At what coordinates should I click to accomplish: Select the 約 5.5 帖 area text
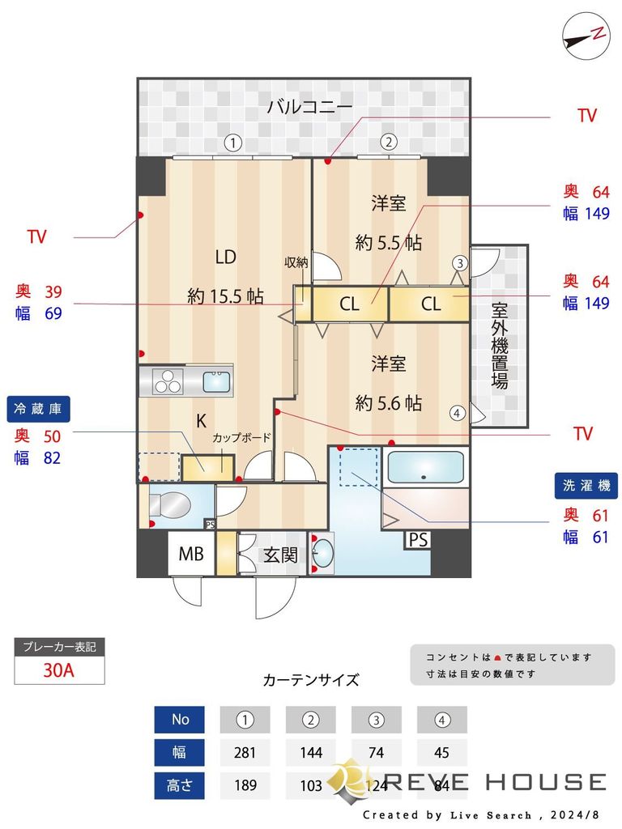pyautogui.click(x=389, y=242)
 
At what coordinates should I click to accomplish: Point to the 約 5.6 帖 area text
pyautogui.click(x=389, y=402)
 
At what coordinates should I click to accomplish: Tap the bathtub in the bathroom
pyautogui.click(x=425, y=468)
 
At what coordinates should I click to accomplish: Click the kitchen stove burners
pyautogui.click(x=168, y=380)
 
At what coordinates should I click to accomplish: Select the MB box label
pyautogui.click(x=191, y=555)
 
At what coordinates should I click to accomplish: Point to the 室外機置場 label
pyautogui.click(x=499, y=346)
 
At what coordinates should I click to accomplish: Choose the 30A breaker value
pyautogui.click(x=59, y=671)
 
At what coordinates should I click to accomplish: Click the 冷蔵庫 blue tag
pyautogui.click(x=38, y=408)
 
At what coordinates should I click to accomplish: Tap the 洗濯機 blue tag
pyautogui.click(x=586, y=486)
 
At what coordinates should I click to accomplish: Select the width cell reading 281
pyautogui.click(x=245, y=752)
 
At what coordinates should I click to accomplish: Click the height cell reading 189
pyautogui.click(x=245, y=784)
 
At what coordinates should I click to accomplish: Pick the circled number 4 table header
pyautogui.click(x=441, y=719)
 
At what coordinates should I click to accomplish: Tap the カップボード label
pyautogui.click(x=241, y=438)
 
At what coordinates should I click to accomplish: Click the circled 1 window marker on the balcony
pyautogui.click(x=233, y=142)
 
